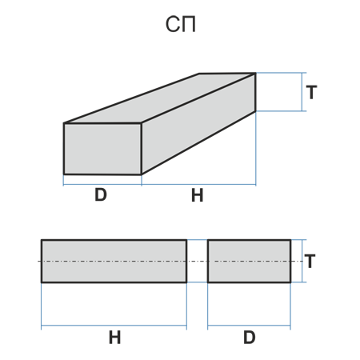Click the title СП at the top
point(181,25)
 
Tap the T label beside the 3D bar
point(311,92)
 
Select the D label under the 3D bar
point(101,194)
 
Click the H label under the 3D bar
point(198,195)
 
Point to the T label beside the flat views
point(310,262)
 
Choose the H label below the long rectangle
point(115,338)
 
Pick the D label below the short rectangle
point(250,338)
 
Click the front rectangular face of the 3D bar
point(102,149)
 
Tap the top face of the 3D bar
point(160,98)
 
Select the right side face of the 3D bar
point(198,124)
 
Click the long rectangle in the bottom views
point(114,261)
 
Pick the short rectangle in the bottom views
point(249,261)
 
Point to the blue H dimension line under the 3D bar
point(198,184)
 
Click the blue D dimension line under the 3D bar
point(102,184)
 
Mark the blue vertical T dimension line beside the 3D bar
point(302,92)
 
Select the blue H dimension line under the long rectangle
point(114,326)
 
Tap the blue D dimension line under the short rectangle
point(249,326)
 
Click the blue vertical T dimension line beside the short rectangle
point(302,261)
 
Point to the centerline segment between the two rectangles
point(198,261)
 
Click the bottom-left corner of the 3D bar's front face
point(64,174)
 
